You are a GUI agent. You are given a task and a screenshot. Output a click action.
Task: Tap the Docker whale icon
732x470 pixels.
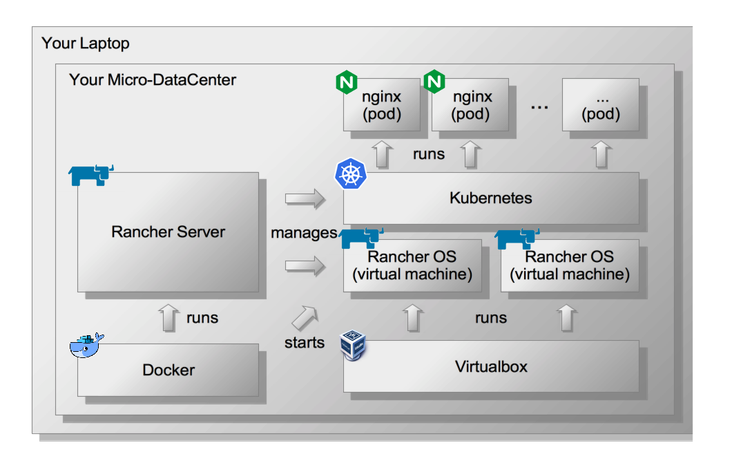coord(86,345)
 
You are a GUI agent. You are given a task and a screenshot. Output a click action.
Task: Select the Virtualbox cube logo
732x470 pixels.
coord(353,344)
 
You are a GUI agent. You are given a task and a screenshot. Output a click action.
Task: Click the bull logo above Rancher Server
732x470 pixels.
coord(90,176)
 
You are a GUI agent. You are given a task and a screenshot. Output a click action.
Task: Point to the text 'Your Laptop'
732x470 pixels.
coord(85,44)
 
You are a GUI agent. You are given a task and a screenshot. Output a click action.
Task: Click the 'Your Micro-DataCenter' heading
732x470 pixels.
coord(152,80)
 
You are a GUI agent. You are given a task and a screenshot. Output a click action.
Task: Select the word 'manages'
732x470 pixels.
coord(304,233)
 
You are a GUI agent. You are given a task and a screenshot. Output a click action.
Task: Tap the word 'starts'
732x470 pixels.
coord(305,342)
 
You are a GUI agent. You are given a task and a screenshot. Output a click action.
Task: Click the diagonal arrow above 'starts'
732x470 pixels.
coord(305,317)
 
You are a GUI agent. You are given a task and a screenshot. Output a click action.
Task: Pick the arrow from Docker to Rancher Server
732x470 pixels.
coord(168,317)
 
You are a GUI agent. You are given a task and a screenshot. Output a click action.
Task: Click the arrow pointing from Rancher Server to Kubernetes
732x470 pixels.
coord(305,199)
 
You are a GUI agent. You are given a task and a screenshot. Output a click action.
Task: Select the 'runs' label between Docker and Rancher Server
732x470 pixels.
coord(202,318)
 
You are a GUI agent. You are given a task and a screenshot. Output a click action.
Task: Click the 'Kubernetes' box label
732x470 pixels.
coord(490,198)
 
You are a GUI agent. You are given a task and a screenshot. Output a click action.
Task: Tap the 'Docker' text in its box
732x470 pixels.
coord(168,370)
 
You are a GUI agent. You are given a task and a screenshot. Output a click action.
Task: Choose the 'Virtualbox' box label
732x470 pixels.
coord(490,366)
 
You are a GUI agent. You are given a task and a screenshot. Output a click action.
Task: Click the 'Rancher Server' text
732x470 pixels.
coord(168,232)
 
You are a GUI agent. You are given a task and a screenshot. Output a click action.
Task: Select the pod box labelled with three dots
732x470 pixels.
coord(600,105)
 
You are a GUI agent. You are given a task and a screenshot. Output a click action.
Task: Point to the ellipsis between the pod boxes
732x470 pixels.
coord(539,107)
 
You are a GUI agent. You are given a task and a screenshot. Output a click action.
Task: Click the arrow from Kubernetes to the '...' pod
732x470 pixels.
coord(601,153)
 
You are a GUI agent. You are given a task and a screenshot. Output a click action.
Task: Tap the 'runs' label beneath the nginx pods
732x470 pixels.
coord(429,154)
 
